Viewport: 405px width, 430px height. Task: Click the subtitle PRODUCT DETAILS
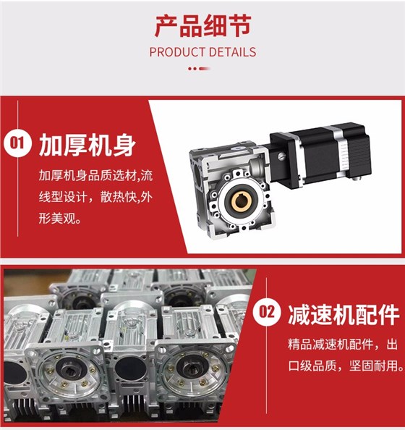[202, 52]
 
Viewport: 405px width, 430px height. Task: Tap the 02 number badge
[268, 313]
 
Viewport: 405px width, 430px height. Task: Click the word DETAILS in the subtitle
[234, 52]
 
